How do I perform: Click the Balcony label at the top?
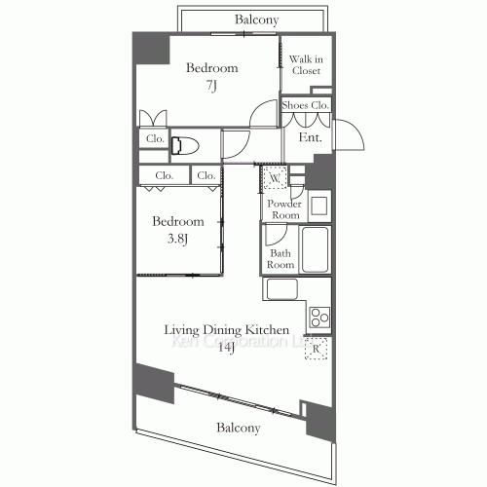(257, 19)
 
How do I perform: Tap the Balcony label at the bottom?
(238, 428)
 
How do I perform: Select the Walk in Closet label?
(307, 64)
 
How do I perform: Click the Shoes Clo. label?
(306, 104)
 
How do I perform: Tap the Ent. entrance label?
(311, 138)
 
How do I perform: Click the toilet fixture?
(185, 146)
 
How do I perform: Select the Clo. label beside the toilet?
(155, 139)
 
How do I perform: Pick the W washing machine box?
(275, 178)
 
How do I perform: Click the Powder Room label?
(283, 208)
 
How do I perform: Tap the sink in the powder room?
(318, 205)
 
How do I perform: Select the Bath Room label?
(281, 258)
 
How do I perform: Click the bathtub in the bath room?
(317, 250)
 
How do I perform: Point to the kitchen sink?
(282, 289)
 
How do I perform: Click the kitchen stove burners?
(319, 316)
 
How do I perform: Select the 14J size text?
(225, 351)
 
